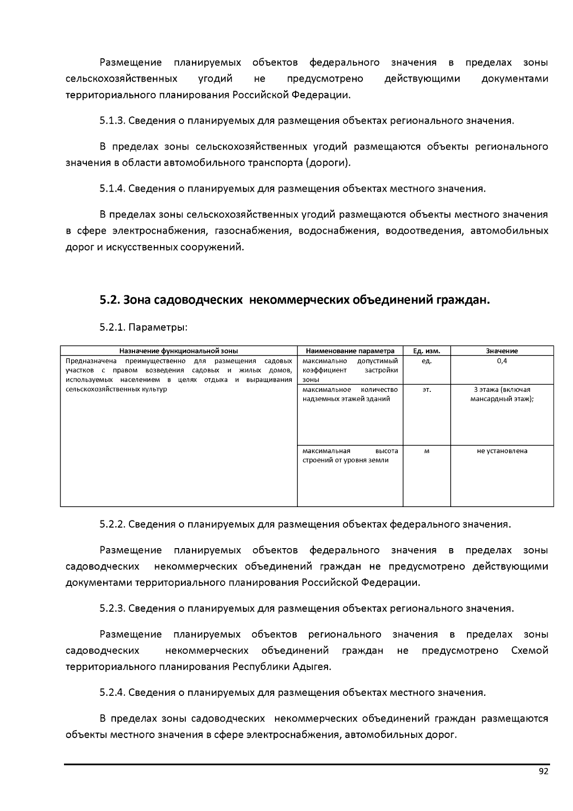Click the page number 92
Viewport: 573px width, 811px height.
543,771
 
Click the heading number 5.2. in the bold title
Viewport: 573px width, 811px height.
110,300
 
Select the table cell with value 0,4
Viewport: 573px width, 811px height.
502,361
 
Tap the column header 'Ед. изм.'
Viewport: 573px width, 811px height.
426,351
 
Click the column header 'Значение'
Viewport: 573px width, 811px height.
502,351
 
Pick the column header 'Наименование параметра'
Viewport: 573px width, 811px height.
350,351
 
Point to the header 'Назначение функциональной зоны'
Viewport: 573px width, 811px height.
179,351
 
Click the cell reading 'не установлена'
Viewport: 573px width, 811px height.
502,451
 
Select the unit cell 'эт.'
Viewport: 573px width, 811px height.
426,390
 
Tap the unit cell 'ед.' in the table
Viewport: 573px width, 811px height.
426,361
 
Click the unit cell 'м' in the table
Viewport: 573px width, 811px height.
426,451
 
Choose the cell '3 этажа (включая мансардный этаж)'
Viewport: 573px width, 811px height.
502,394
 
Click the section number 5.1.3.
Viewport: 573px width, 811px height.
112,120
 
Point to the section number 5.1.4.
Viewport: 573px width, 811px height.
112,188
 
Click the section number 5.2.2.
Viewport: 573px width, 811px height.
112,524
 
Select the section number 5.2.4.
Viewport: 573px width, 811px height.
112,692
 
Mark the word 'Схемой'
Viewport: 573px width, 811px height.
529,650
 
